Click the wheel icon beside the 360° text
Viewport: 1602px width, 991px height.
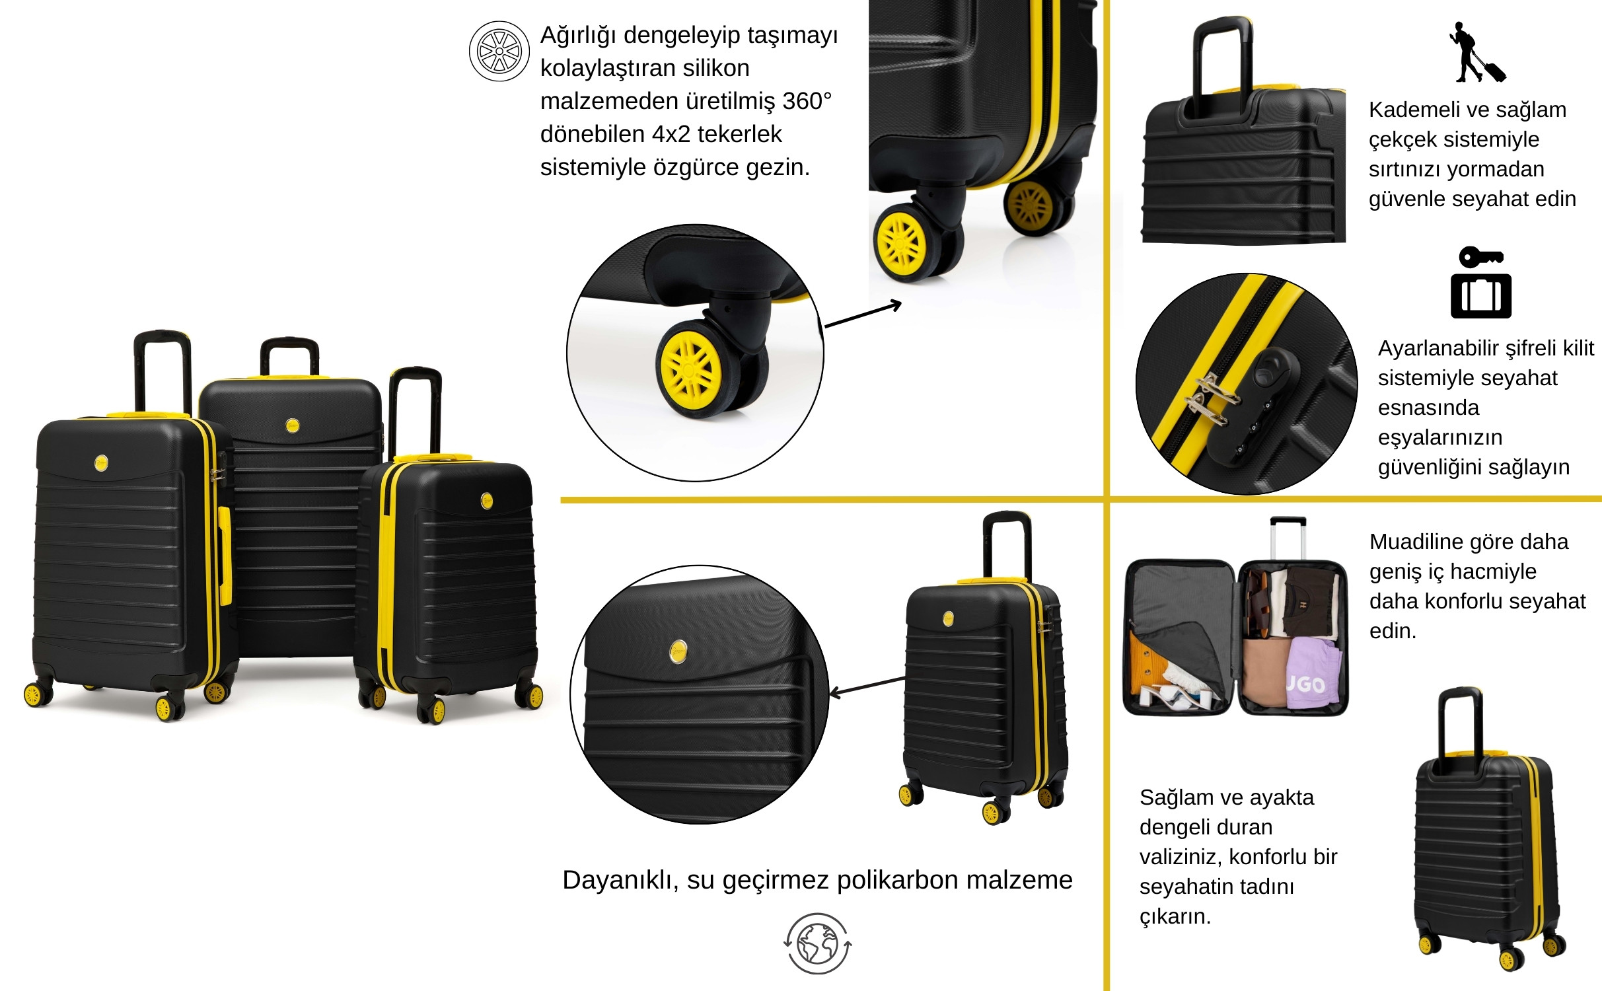click(x=499, y=51)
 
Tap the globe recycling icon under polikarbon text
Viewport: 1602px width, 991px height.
click(x=818, y=943)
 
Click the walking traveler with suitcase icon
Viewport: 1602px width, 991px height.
click(x=1477, y=52)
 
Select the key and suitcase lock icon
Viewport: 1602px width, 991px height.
click(x=1481, y=283)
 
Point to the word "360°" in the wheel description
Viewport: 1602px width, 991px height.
click(x=807, y=101)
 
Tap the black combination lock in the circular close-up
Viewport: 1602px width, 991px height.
click(x=1255, y=406)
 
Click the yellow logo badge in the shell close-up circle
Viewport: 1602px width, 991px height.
click(x=678, y=651)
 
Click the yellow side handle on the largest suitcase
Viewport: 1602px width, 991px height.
click(x=225, y=556)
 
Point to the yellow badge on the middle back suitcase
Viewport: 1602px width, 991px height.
click(x=293, y=425)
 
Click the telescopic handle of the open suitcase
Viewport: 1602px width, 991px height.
click(x=1288, y=538)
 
